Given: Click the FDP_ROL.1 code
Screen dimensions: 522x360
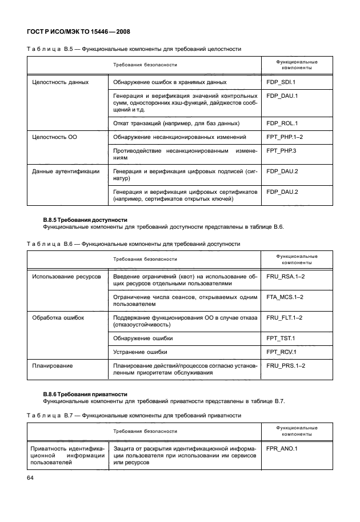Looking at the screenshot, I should coord(282,123).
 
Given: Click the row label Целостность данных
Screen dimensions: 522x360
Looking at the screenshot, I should coord(60,82).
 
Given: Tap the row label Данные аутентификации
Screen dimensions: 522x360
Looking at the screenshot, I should coord(66,171).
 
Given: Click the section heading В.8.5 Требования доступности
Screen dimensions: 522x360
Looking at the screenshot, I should coord(86,220).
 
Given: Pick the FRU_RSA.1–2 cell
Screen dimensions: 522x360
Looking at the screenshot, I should coord(286,277).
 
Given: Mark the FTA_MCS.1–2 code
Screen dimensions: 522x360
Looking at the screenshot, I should coord(286,297).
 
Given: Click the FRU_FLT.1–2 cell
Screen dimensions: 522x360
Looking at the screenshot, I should coord(286,317).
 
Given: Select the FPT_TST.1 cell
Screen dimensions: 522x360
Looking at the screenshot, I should coord(281,338).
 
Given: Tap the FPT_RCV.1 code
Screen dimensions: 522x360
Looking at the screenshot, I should coord(281,352).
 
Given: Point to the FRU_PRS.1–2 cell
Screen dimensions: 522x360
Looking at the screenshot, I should coord(286,365).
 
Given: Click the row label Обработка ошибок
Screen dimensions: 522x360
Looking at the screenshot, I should coord(58,317).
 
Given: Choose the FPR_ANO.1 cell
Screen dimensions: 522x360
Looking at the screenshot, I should coord(282,449).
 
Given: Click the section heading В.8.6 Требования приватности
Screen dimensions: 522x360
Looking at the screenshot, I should coord(86,395).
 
